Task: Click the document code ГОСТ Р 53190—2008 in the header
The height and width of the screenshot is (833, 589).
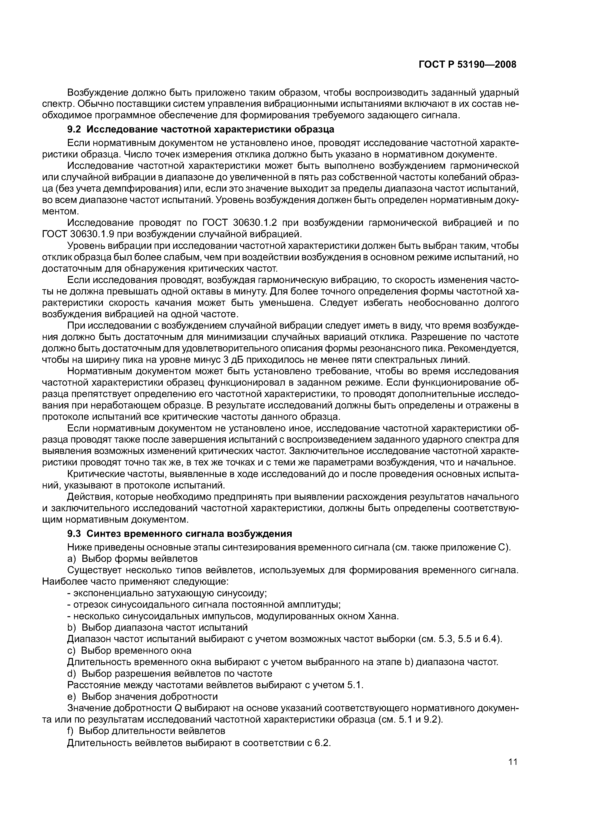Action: coord(467,65)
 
